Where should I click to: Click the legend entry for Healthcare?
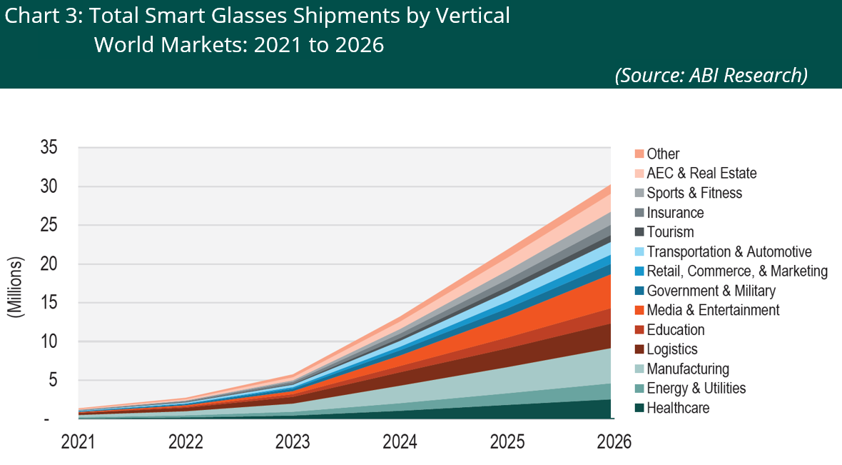pos(678,409)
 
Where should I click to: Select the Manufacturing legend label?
pos(688,369)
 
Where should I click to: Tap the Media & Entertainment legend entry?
pos(713,310)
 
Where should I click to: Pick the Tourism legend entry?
pos(670,232)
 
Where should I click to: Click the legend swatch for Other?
pos(639,154)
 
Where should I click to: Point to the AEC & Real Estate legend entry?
pos(701,174)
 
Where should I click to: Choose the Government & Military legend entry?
pos(711,291)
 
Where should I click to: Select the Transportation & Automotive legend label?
pos(729,251)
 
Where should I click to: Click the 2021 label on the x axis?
pos(78,443)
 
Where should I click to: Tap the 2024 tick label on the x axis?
pos(400,443)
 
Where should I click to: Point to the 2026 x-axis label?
pos(614,443)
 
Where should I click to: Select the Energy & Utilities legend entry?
pos(696,389)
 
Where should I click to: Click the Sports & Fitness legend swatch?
pos(639,194)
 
